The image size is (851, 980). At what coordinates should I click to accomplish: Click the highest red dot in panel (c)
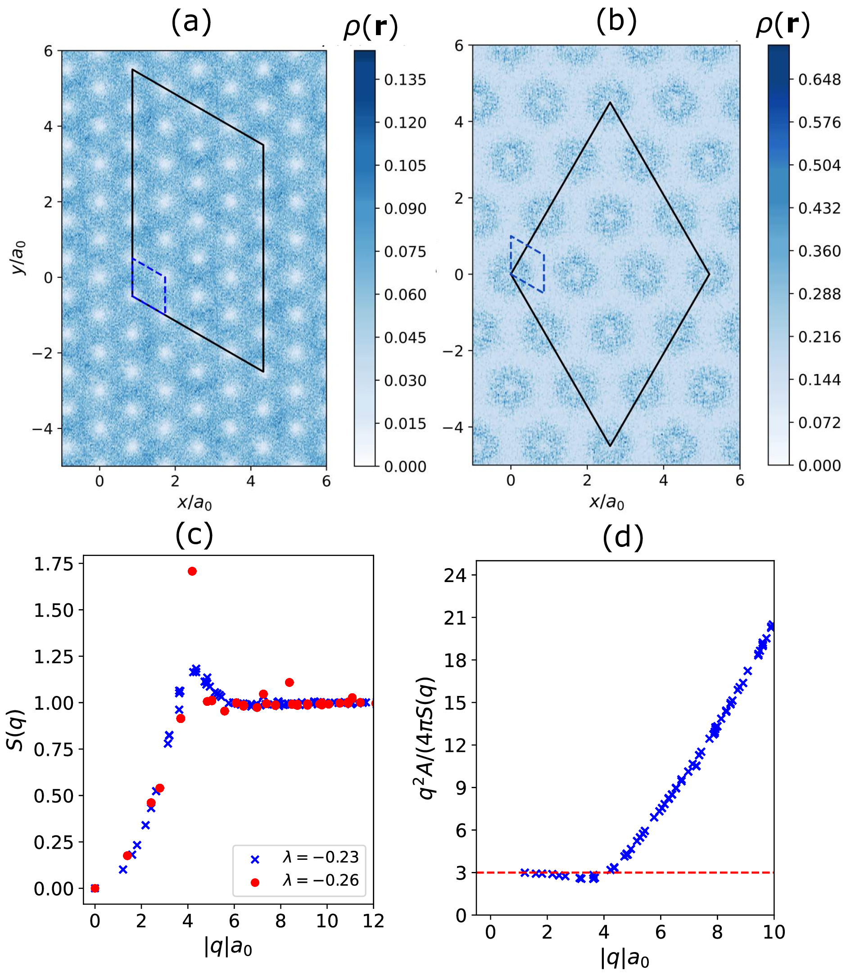coord(192,571)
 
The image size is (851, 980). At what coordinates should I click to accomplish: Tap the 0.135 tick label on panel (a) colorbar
coord(405,80)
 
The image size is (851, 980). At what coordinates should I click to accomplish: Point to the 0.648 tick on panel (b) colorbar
coord(819,79)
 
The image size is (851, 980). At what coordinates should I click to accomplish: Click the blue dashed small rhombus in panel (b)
coord(527,264)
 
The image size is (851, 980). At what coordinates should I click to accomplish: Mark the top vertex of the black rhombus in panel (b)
coord(610,103)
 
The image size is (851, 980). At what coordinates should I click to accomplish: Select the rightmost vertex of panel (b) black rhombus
coord(709,274)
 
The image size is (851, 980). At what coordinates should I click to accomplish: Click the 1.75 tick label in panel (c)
coord(54,564)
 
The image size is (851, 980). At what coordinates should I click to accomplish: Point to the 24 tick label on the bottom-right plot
coord(455,575)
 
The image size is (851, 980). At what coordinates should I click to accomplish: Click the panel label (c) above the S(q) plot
coord(194,535)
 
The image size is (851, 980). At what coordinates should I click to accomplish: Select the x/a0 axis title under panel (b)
coord(607,501)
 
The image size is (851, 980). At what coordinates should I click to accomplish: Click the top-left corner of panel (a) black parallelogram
coord(132,70)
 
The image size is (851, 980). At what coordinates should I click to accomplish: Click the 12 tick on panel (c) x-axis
coord(373,921)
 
